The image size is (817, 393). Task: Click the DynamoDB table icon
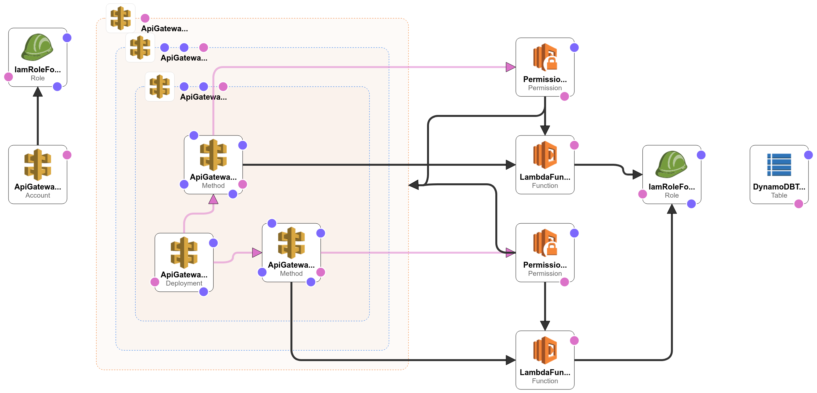[779, 165]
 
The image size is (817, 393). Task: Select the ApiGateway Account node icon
[38, 165]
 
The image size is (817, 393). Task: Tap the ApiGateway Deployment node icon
[184, 253]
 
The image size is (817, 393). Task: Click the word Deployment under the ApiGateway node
[184, 283]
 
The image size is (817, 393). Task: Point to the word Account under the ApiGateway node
[38, 195]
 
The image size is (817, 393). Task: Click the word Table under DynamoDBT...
[779, 195]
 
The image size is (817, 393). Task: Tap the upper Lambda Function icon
[545, 155]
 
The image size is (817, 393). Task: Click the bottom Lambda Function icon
[545, 350]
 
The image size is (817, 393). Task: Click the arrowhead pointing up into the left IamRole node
[38, 91]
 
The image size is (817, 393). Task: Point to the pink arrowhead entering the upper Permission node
[511, 67]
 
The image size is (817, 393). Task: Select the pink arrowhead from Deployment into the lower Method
[257, 253]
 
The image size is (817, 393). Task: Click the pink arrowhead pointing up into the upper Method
[213, 199]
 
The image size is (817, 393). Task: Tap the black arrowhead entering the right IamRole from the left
[638, 175]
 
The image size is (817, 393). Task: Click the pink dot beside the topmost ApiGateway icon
[145, 18]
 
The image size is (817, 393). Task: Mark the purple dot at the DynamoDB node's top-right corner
[809, 155]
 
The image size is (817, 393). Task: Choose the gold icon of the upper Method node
[213, 155]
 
